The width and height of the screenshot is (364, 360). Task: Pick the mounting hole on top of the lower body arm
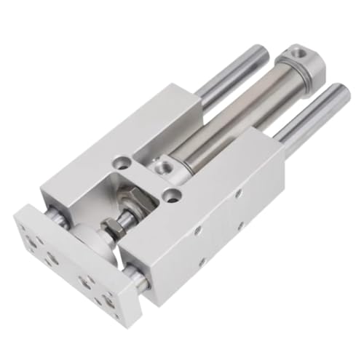[171, 195]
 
